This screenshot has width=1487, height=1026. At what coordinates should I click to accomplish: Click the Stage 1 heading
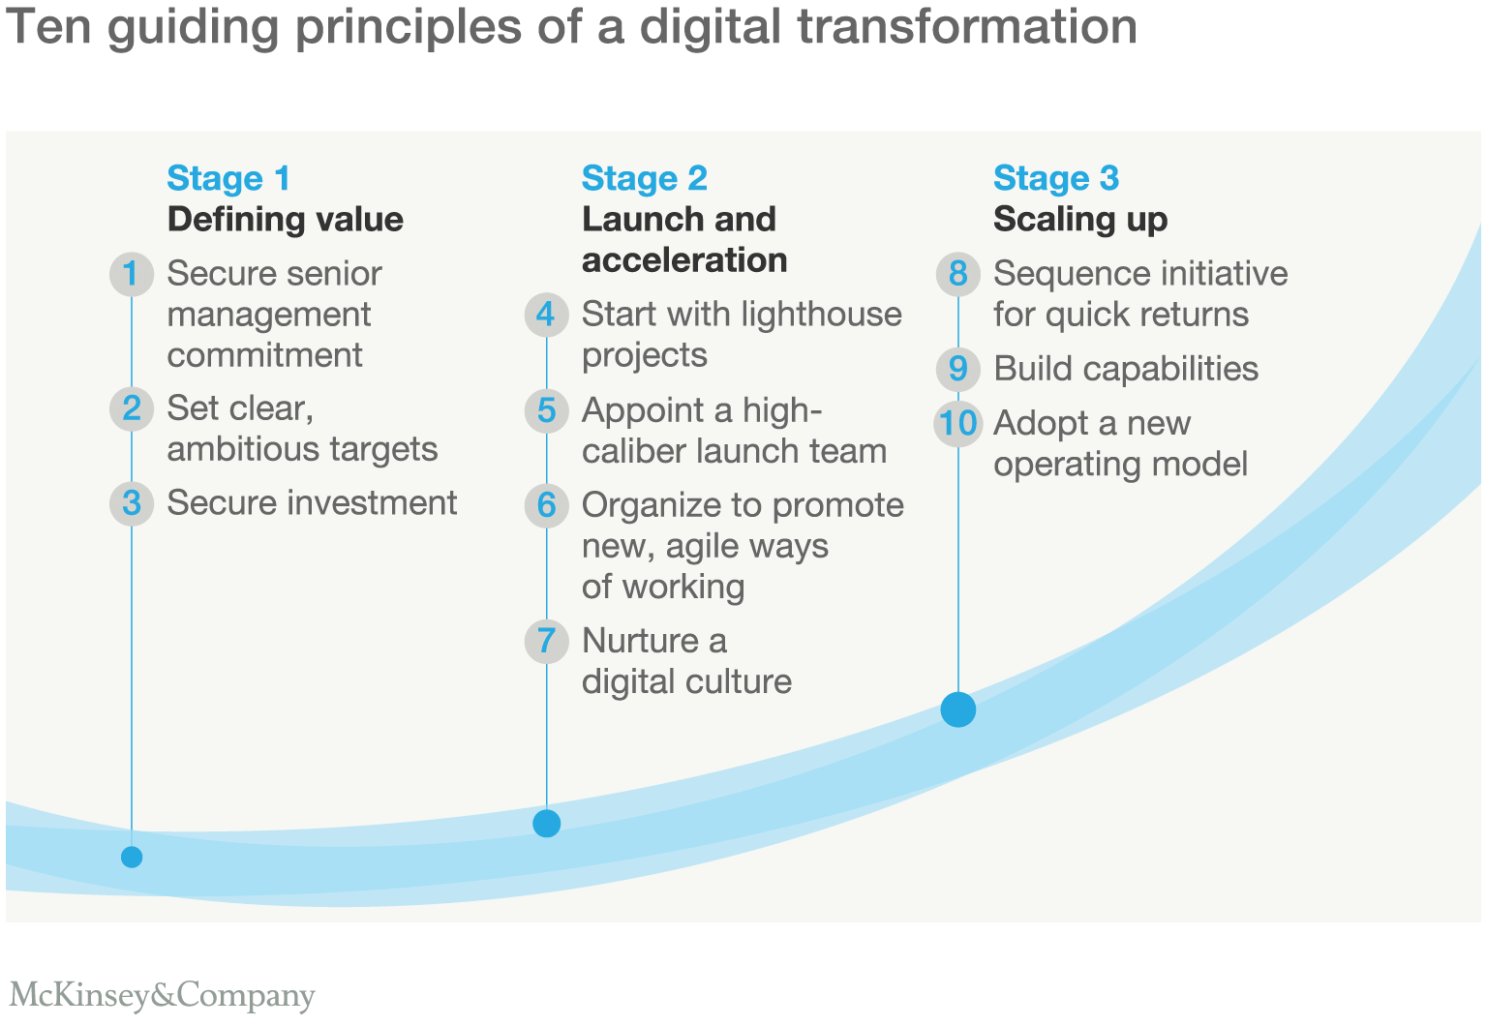[228, 178]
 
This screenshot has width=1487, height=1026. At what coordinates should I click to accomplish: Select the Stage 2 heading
[645, 178]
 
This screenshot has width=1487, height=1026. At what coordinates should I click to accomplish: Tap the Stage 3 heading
[1056, 178]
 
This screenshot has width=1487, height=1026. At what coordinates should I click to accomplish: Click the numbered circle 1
[132, 273]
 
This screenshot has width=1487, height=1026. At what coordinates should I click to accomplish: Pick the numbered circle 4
[546, 315]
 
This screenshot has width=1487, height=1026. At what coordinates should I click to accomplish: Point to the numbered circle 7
[546, 641]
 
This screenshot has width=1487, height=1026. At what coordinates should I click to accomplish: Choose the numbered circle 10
[957, 423]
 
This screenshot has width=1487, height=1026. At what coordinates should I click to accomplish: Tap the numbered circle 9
[957, 369]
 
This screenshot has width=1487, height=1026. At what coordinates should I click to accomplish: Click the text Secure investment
[312, 502]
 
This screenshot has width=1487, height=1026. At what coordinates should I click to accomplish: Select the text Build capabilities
[1126, 369]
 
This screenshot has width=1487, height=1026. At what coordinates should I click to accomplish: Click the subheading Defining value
[286, 220]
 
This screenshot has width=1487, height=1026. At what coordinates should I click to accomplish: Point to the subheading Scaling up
[1080, 220]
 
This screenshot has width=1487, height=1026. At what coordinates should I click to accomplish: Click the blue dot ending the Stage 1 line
[132, 857]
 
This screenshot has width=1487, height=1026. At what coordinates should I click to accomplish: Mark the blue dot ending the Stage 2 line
[546, 824]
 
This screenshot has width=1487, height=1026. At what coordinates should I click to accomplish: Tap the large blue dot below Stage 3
[957, 709]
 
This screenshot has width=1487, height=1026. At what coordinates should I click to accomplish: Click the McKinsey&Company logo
[162, 995]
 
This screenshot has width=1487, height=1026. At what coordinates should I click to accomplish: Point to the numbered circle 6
[546, 505]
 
